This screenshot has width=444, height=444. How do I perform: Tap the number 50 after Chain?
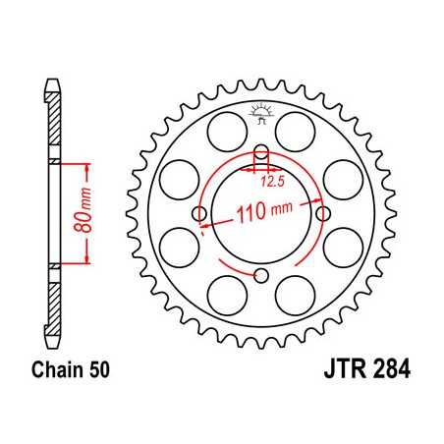(107, 372)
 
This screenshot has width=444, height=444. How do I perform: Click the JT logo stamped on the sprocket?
(261, 115)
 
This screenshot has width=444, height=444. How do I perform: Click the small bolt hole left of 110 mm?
(200, 213)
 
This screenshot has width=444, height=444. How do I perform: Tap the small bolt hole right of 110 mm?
(323, 209)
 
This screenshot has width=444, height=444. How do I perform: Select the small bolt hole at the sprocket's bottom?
(262, 274)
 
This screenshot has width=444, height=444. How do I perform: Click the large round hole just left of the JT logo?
(221, 127)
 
